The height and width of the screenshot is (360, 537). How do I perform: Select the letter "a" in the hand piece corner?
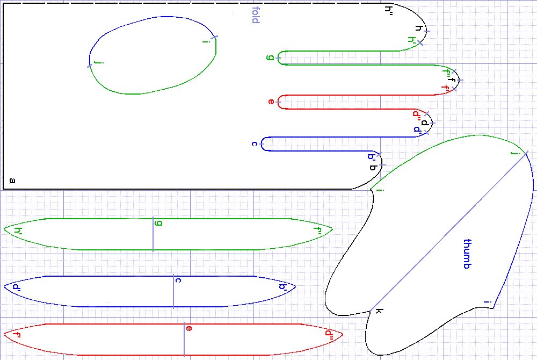[12, 181]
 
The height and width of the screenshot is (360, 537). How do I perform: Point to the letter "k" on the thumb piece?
[379, 312]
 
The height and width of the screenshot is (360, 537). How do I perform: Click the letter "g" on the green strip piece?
[158, 222]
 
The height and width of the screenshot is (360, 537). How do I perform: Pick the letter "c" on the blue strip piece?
[178, 280]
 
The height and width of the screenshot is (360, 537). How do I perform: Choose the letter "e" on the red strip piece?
[188, 328]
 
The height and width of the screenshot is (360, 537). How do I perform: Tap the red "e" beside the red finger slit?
[271, 102]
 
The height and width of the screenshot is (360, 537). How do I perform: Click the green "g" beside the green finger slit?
[270, 57]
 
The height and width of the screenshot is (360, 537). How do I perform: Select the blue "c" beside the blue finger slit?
[255, 143]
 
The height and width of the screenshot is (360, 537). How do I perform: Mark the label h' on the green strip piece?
[18, 231]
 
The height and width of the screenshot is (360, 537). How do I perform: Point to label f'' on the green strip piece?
[317, 231]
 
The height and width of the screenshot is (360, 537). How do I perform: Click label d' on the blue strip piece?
[16, 287]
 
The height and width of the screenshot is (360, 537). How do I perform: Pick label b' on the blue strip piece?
[283, 287]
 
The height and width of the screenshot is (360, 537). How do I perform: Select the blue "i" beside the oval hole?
[205, 42]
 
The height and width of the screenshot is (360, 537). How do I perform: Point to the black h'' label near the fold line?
[389, 9]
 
